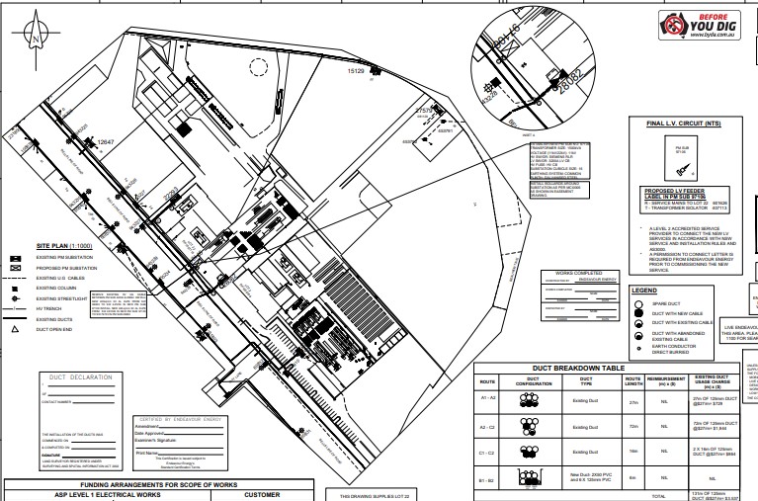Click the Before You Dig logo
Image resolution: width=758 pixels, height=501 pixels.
point(699,27)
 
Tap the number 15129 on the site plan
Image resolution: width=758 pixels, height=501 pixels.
point(357,72)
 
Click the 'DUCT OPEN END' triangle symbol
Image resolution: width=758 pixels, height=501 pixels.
point(17,328)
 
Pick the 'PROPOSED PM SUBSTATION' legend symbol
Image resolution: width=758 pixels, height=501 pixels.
point(17,268)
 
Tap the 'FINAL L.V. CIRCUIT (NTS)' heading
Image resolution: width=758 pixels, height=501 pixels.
point(682,125)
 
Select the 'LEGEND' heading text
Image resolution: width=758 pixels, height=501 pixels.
point(644,290)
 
